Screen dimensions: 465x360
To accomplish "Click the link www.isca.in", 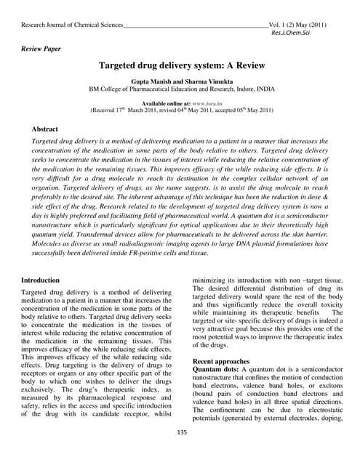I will [209, 103].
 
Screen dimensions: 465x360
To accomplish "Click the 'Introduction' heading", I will [41, 280].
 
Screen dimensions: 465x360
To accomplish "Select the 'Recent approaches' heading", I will [221, 360].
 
